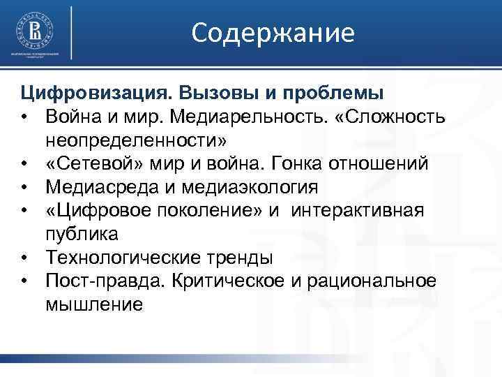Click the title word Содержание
(273, 32)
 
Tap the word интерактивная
(358, 211)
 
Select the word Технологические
(123, 258)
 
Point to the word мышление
(95, 305)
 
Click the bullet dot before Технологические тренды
(24, 258)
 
